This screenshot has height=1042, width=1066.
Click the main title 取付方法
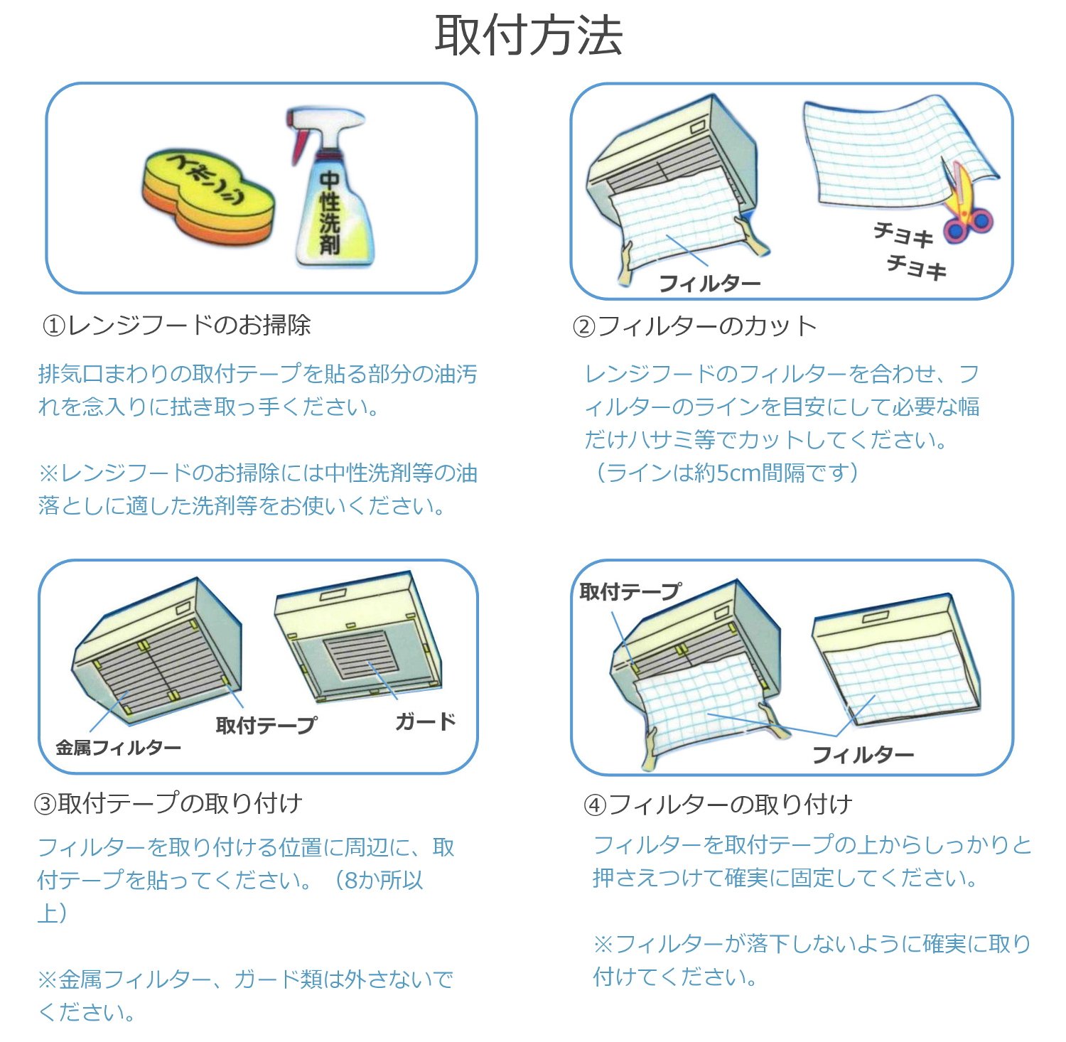click(x=529, y=36)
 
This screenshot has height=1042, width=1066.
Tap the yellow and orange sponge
click(x=209, y=196)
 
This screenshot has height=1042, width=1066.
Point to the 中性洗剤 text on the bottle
click(x=329, y=213)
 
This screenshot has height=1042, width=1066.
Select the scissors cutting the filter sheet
click(x=967, y=210)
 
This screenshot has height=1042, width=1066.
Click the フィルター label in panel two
click(x=709, y=283)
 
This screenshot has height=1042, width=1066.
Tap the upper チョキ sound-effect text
click(x=902, y=234)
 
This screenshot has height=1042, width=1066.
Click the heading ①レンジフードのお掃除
click(x=176, y=325)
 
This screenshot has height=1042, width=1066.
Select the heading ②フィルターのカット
click(x=694, y=326)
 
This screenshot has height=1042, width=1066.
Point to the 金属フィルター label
click(x=118, y=747)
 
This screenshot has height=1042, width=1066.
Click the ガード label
click(x=425, y=721)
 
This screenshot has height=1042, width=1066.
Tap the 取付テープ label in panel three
click(x=266, y=725)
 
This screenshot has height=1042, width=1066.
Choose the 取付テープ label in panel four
click(x=630, y=591)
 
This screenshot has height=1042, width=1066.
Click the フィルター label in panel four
click(x=862, y=754)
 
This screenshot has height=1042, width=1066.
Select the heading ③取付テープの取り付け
click(x=168, y=803)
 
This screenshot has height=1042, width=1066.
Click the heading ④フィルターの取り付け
click(x=718, y=805)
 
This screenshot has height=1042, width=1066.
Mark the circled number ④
click(x=595, y=805)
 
